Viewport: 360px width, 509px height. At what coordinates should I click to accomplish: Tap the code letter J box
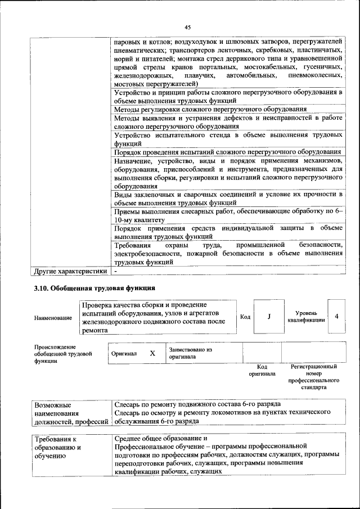269,317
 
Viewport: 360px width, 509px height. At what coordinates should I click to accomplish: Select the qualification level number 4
336,317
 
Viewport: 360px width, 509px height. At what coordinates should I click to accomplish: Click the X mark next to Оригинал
152,354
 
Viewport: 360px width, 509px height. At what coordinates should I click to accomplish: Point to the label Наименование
53,318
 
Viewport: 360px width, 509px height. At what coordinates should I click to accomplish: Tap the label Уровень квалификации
306,317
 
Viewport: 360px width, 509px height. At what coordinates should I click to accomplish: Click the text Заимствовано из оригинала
190,353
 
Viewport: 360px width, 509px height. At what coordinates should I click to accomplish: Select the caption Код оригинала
262,370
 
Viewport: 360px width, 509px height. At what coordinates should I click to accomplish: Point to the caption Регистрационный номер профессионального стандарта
313,377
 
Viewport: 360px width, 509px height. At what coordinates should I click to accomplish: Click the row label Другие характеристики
70,272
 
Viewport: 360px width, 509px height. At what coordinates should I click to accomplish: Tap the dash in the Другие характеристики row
116,272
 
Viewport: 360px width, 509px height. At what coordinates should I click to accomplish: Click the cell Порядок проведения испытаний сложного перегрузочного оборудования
227,152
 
